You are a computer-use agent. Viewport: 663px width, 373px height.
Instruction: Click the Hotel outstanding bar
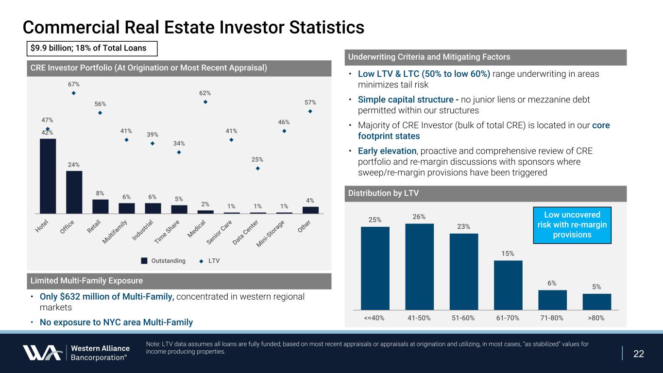click(48, 176)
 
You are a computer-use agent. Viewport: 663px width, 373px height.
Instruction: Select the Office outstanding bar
click(74, 192)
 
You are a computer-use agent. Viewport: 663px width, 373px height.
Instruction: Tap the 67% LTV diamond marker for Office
click(74, 93)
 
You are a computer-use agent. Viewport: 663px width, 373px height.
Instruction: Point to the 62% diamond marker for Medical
click(205, 102)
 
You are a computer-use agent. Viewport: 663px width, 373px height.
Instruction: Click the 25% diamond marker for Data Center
click(257, 169)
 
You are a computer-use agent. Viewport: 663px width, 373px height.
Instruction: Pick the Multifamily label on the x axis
click(116, 232)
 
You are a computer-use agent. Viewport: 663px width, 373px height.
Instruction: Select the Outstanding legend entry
click(163, 261)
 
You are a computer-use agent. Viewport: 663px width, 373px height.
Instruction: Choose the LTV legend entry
click(209, 261)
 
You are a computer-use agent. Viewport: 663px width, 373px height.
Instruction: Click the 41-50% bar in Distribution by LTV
click(419, 266)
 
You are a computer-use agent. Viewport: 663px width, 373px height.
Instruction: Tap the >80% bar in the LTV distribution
click(597, 301)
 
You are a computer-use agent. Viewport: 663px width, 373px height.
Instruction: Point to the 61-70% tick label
click(508, 318)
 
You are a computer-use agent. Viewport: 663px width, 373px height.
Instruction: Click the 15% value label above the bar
click(508, 254)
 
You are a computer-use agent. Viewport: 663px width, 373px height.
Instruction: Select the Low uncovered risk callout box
click(572, 225)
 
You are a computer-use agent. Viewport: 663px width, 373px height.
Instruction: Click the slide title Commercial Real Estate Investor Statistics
click(193, 27)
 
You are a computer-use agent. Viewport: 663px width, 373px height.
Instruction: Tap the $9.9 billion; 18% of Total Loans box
click(92, 48)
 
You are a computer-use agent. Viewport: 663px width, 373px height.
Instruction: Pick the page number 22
click(639, 354)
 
